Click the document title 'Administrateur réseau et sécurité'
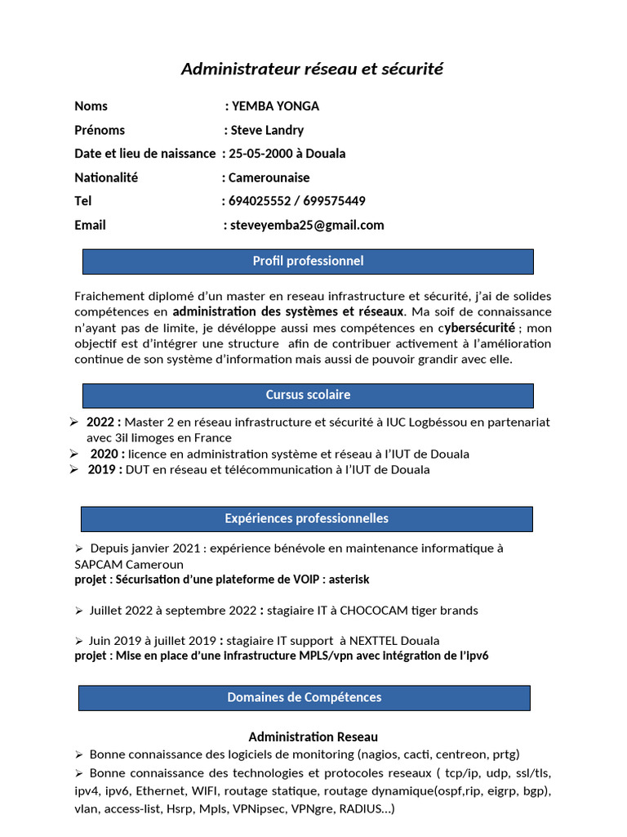pyautogui.click(x=312, y=69)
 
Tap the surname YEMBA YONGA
pyautogui.click(x=275, y=106)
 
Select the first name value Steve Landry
pyautogui.click(x=267, y=130)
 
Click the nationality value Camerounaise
pyautogui.click(x=269, y=177)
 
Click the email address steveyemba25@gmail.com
pyautogui.click(x=307, y=225)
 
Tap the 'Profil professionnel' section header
pyautogui.click(x=308, y=262)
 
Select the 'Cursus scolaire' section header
pyautogui.click(x=308, y=396)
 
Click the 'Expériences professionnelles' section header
pyautogui.click(x=306, y=519)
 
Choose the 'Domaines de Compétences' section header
pyautogui.click(x=304, y=698)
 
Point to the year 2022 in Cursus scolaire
pyautogui.click(x=102, y=423)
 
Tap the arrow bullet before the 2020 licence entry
pyautogui.click(x=74, y=454)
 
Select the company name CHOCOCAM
pyautogui.click(x=371, y=611)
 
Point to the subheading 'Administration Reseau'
pyautogui.click(x=313, y=737)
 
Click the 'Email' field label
pyautogui.click(x=90, y=225)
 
